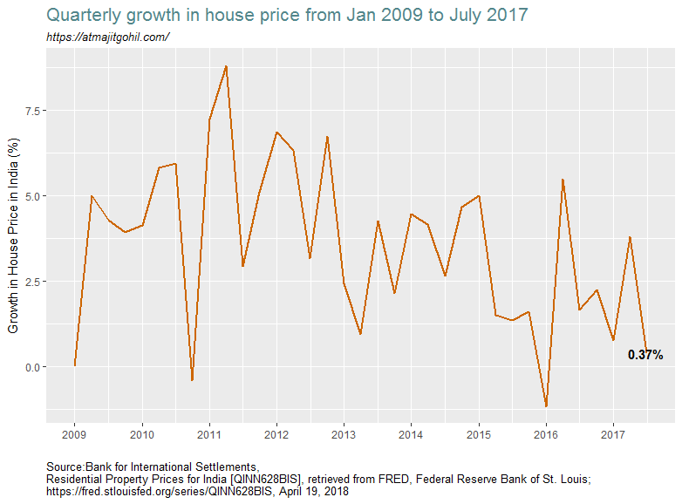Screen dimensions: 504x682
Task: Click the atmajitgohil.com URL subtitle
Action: click(x=107, y=37)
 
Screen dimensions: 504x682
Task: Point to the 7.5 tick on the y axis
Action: click(x=31, y=111)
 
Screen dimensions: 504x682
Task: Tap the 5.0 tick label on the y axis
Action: click(x=31, y=196)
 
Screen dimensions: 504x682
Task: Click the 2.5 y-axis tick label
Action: click(x=31, y=282)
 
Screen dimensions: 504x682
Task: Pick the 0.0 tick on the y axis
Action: click(x=31, y=367)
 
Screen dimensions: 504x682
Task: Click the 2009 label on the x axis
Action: click(x=75, y=433)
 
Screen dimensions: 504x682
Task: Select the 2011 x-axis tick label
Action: click(x=209, y=433)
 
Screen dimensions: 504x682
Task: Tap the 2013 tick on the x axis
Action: click(x=344, y=433)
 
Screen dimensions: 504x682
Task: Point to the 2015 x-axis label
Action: click(x=479, y=433)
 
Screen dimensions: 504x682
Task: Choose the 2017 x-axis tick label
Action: click(x=613, y=433)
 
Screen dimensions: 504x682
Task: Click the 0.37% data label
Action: click(x=645, y=355)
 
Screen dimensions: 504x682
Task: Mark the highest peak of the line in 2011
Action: click(x=226, y=66)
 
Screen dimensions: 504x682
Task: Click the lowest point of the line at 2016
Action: click(x=546, y=406)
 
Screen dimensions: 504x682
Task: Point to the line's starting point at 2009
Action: click(x=75, y=365)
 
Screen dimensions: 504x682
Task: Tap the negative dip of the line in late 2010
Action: click(x=192, y=380)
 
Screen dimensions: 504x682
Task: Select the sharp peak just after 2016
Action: click(x=563, y=180)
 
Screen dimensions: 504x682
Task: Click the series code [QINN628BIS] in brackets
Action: click(x=261, y=480)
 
